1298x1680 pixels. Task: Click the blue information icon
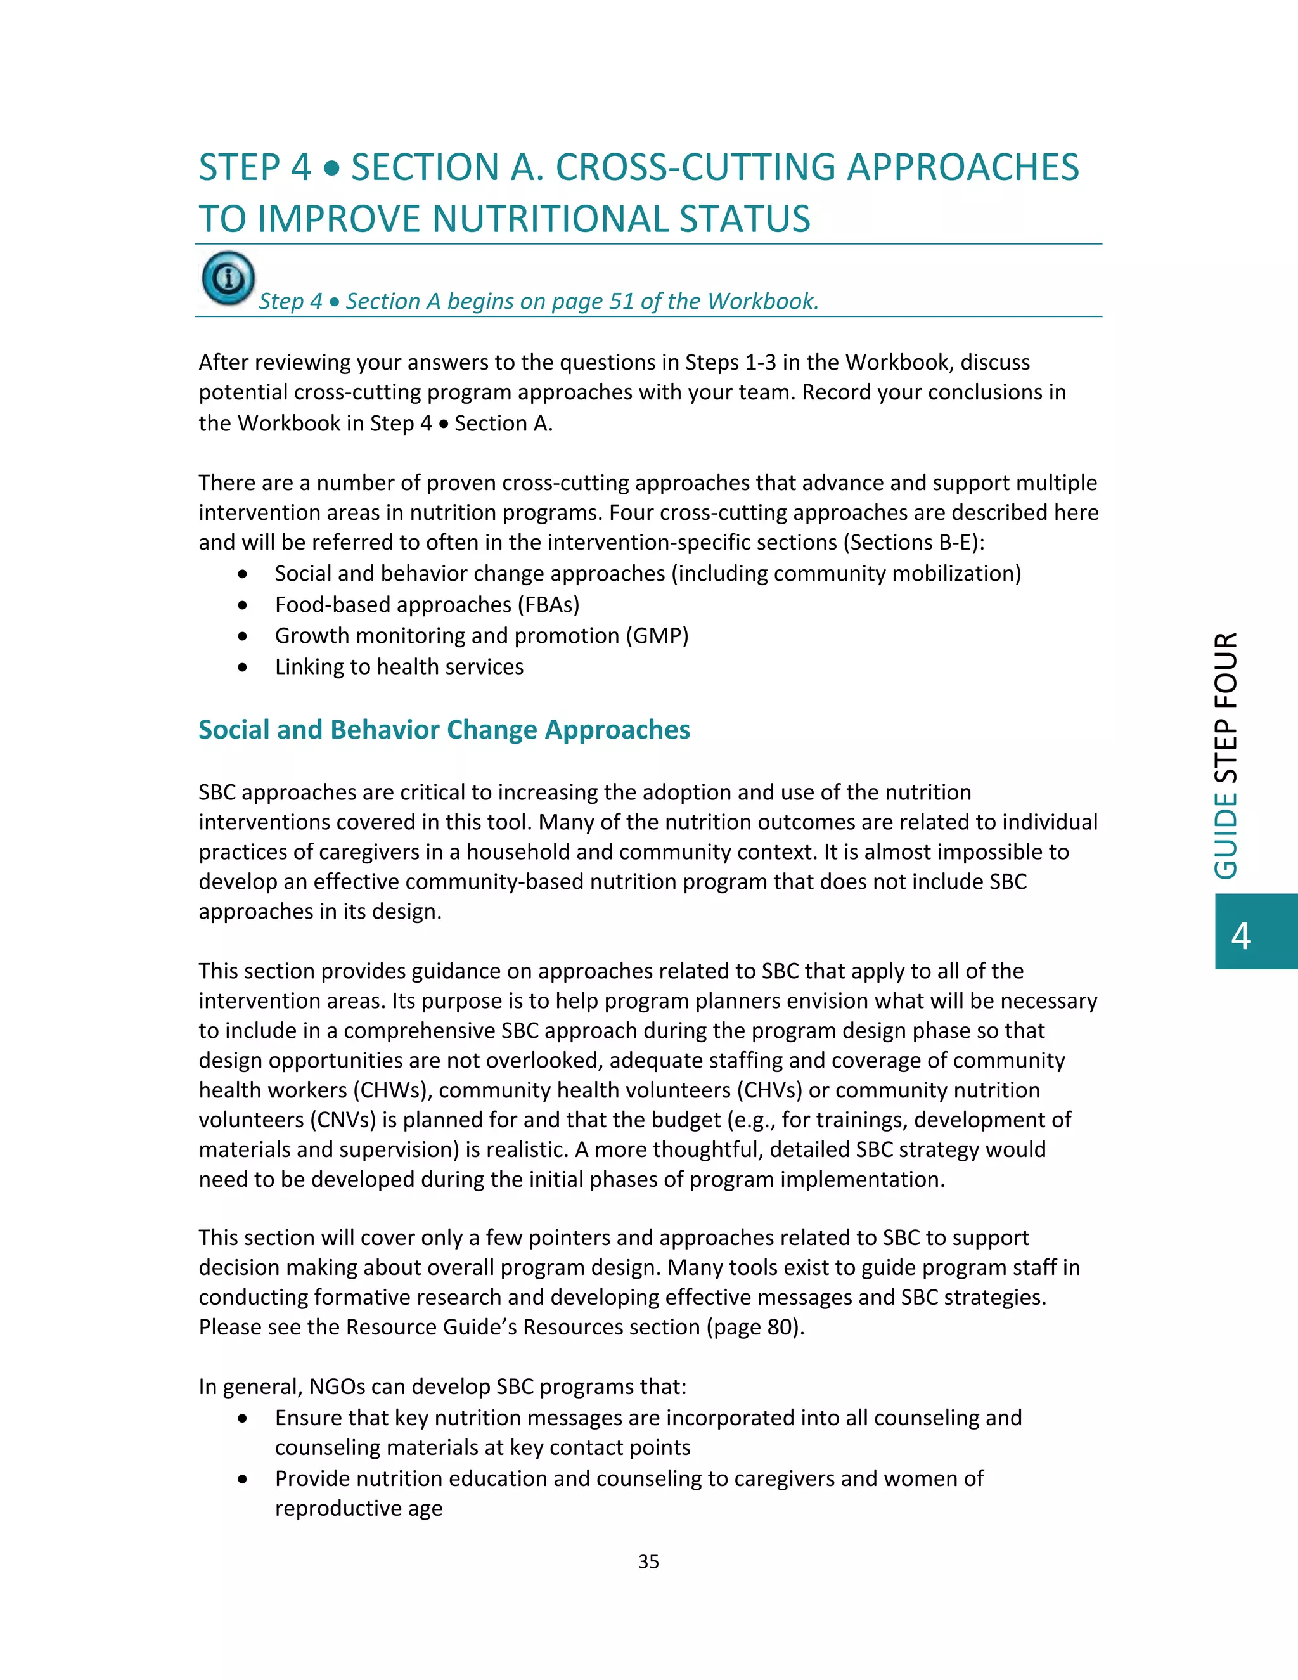pyautogui.click(x=228, y=278)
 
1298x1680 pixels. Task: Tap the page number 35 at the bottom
pyautogui.click(x=648, y=1561)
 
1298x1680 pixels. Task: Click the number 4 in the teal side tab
pyautogui.click(x=1241, y=934)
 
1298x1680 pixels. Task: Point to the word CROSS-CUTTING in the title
pyautogui.click(x=695, y=168)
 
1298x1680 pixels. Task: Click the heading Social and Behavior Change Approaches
pyautogui.click(x=444, y=729)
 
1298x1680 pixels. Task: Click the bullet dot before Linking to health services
pyautogui.click(x=243, y=668)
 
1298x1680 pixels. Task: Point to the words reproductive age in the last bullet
pyautogui.click(x=358, y=1508)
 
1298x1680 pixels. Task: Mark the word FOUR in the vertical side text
pyautogui.click(x=1226, y=670)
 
